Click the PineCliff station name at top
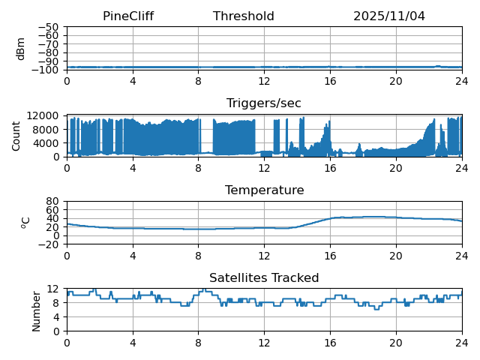pos(128,16)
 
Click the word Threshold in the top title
pos(244,16)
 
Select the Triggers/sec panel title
pos(264,103)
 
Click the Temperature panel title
pos(264,190)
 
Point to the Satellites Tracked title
pos(264,278)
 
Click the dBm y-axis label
pos(21,49)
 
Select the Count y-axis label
pos(16,136)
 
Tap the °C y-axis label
pos(25,223)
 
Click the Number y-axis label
pos(37,310)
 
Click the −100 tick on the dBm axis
pos(46,70)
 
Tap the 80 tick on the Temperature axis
pos(53,201)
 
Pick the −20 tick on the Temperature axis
pos(50,244)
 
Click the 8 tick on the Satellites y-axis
pos(56,303)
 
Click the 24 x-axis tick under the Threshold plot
pos(462,81)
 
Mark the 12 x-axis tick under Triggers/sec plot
pos(264,168)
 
